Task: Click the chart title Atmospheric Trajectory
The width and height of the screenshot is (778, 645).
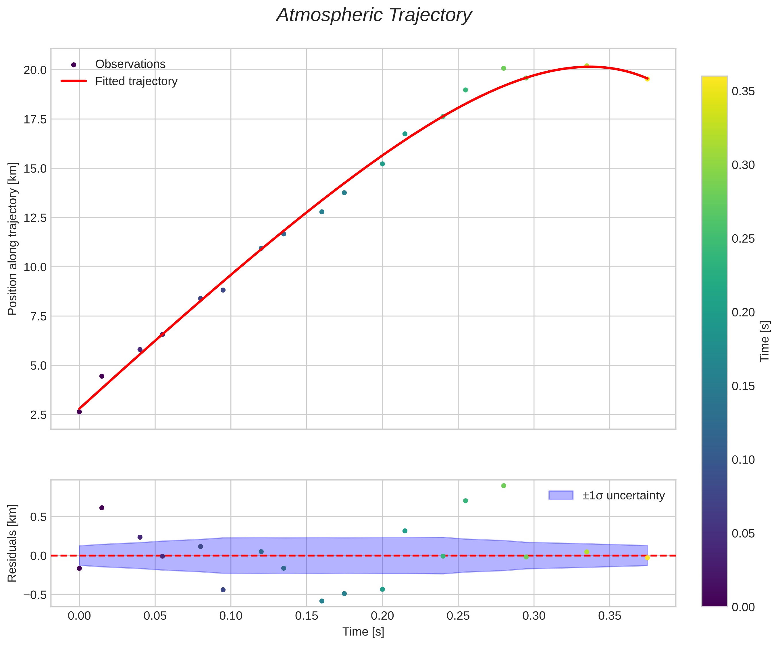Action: click(374, 16)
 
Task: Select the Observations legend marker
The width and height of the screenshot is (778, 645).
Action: click(74, 65)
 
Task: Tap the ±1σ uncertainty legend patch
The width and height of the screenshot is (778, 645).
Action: click(561, 495)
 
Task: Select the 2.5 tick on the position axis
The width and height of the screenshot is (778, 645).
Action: click(38, 415)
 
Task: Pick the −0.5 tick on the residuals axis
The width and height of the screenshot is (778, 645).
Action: click(34, 595)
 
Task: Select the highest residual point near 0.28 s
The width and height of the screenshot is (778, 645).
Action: click(503, 485)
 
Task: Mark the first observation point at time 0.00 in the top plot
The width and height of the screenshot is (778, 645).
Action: click(79, 412)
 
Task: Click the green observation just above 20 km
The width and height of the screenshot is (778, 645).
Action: click(503, 68)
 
